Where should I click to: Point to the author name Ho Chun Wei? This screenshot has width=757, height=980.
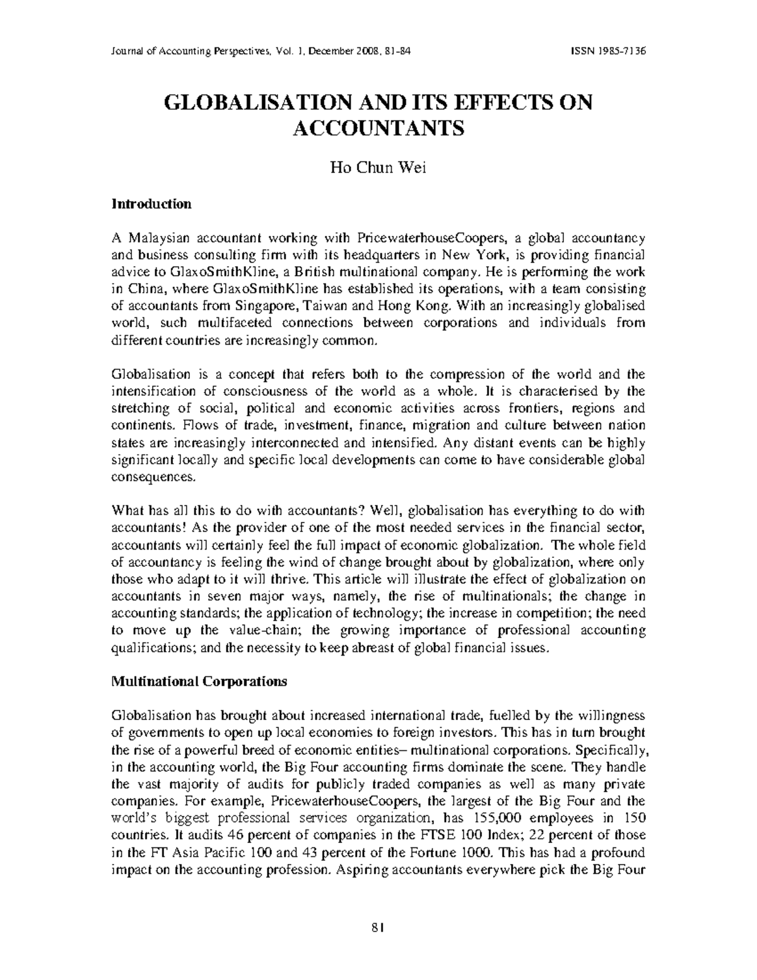tap(378, 168)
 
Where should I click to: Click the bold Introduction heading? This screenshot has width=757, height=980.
tap(151, 204)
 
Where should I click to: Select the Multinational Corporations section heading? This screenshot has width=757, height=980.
tap(199, 682)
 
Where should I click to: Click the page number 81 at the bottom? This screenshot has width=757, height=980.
tap(378, 927)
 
